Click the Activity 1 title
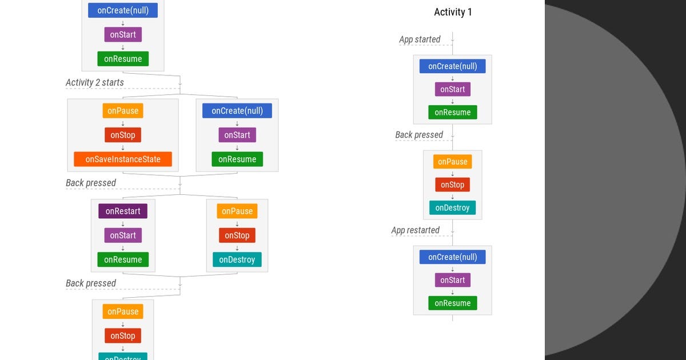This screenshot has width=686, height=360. click(453, 12)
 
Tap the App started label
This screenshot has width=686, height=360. click(420, 39)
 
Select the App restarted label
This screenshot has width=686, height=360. click(415, 230)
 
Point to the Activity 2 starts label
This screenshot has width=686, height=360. click(94, 82)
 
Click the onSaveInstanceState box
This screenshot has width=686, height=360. click(123, 159)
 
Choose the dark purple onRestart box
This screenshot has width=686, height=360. click(123, 211)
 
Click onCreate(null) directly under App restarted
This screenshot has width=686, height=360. click(452, 257)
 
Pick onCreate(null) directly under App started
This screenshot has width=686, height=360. click(452, 66)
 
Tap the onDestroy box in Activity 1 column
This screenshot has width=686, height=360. click(452, 208)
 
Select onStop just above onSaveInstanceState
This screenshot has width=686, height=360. click(123, 135)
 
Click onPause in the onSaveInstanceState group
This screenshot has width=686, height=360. click(123, 111)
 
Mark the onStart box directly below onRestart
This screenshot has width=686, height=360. click(123, 235)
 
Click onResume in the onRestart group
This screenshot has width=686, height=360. click(123, 259)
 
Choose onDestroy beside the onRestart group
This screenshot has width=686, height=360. click(237, 259)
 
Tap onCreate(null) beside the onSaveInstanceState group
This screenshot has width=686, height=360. click(237, 111)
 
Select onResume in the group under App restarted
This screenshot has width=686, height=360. click(452, 303)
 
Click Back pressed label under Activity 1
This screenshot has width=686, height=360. click(419, 135)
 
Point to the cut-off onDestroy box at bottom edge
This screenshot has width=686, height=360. click(123, 357)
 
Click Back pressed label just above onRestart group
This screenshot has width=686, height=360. click(91, 183)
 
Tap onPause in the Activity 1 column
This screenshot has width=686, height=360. click(452, 162)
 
